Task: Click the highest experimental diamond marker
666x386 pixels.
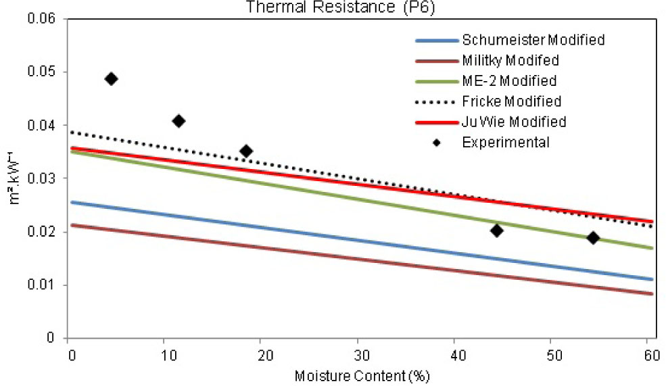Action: coord(112,79)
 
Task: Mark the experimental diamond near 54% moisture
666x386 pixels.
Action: coord(593,238)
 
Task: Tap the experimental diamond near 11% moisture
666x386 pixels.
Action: coord(179,121)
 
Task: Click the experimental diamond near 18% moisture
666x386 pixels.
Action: coord(246,151)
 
